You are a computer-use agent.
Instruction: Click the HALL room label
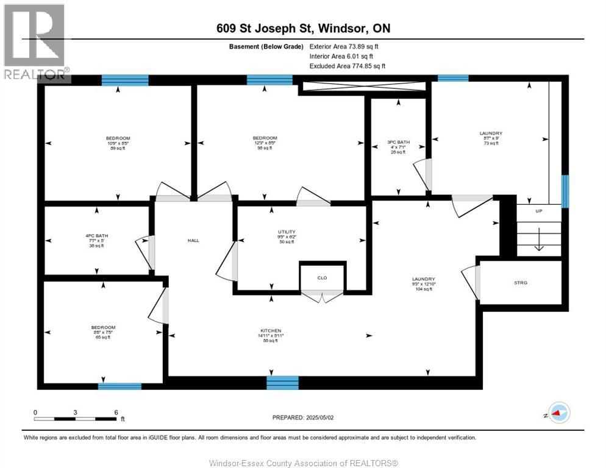pyautogui.click(x=193, y=240)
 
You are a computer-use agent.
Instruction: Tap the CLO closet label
pyautogui.click(x=322, y=278)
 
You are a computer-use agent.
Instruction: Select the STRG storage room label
pyautogui.click(x=520, y=283)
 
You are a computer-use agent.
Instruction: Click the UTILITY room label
pyautogui.click(x=287, y=232)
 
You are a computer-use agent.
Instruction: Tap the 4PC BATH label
pyautogui.click(x=97, y=236)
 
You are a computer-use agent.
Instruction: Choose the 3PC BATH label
pyautogui.click(x=399, y=142)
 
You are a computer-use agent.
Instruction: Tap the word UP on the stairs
pyautogui.click(x=539, y=211)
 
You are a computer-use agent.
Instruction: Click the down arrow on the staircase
pyautogui.click(x=539, y=244)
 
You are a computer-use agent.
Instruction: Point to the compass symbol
pyautogui.click(x=557, y=413)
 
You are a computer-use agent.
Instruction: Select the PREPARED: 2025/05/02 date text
pyautogui.click(x=302, y=417)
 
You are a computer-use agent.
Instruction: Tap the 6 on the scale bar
pyautogui.click(x=115, y=412)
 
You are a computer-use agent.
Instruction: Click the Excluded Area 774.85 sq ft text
pyautogui.click(x=347, y=66)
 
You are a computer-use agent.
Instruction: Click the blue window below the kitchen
pyautogui.click(x=283, y=383)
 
